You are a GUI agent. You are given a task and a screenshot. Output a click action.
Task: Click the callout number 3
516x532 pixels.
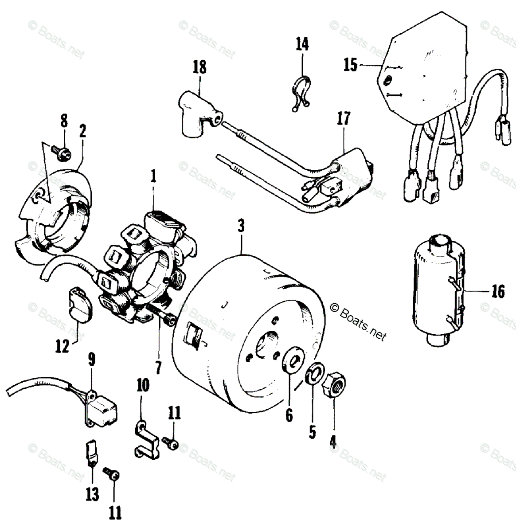click(241, 226)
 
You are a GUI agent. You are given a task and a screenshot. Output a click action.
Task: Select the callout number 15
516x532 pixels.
click(350, 65)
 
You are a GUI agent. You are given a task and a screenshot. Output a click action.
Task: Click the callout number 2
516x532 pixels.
click(82, 131)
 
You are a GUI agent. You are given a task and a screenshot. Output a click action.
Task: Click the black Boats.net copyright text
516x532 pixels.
click(358, 320)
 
